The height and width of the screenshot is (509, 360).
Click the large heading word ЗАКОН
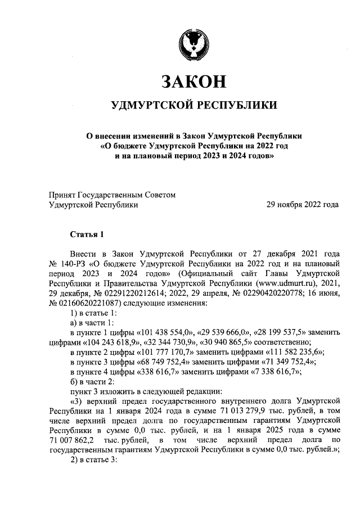point(194,82)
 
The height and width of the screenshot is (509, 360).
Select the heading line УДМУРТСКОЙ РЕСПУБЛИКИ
point(194,105)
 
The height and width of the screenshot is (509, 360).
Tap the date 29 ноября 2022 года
point(302,205)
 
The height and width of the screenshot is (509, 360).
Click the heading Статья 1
point(86,233)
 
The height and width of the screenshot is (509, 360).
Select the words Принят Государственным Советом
point(112,195)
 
